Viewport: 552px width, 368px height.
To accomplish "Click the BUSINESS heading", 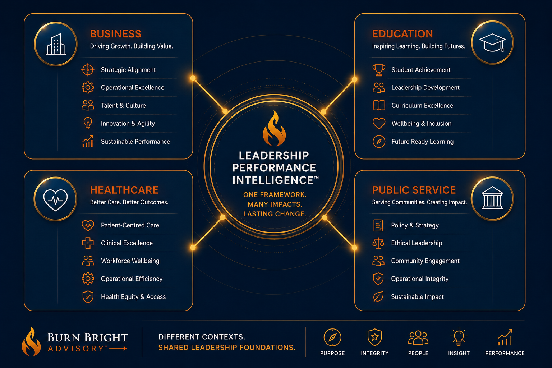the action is pyautogui.click(x=116, y=34).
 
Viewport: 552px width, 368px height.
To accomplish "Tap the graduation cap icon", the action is pyautogui.click(x=492, y=42).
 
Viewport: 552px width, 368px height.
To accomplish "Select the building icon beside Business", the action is pyautogui.click(x=56, y=44).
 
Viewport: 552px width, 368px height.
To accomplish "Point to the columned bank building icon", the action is pyautogui.click(x=492, y=198).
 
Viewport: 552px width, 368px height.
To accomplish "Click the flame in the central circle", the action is pyautogui.click(x=274, y=128).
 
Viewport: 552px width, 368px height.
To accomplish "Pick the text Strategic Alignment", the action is pyautogui.click(x=128, y=70).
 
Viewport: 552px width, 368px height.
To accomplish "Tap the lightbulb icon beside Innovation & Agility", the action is pyautogui.click(x=88, y=123).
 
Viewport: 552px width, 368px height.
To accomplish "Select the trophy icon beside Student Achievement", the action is pyautogui.click(x=379, y=70).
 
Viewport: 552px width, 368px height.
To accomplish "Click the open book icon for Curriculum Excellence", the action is pyautogui.click(x=379, y=105).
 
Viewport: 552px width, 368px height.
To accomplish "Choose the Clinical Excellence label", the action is pyautogui.click(x=126, y=243).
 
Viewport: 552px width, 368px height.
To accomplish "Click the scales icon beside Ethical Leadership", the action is pyautogui.click(x=378, y=243).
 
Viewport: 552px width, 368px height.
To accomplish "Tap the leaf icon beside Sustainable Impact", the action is pyautogui.click(x=378, y=296).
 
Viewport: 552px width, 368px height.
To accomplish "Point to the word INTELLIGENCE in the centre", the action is pyautogui.click(x=273, y=180).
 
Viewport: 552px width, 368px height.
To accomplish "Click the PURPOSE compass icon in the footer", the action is pyautogui.click(x=332, y=337).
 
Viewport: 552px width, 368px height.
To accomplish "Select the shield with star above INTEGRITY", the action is pyautogui.click(x=374, y=337).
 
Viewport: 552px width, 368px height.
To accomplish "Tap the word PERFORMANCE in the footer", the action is pyautogui.click(x=505, y=353).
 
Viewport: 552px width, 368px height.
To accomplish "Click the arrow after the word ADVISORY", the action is pyautogui.click(x=118, y=349).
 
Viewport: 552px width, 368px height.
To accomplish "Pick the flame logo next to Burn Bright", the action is pyautogui.click(x=31, y=342).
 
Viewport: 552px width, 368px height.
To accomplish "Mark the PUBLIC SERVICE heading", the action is pyautogui.click(x=414, y=190).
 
